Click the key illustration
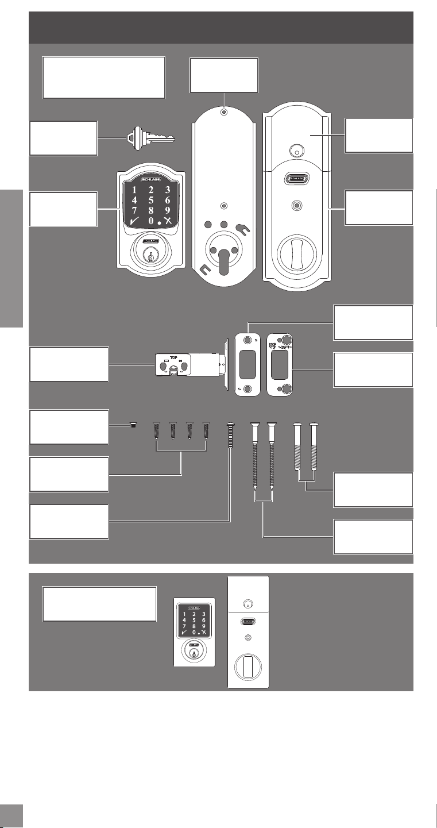[150, 138]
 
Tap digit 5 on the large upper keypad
[151, 201]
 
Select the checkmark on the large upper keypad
[134, 221]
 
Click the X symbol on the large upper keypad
[168, 221]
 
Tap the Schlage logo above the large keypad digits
[151, 179]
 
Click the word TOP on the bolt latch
[173, 357]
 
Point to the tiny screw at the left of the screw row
[133, 425]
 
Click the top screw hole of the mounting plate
[224, 111]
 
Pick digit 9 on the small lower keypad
[203, 626]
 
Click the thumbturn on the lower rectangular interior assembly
[248, 667]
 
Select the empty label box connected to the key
[63, 138]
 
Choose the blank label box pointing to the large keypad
[63, 209]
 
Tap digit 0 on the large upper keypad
[151, 221]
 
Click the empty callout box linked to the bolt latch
[69, 364]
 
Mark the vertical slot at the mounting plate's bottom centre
[224, 262]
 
